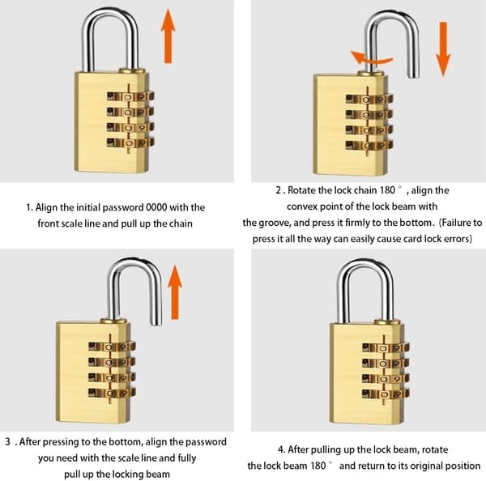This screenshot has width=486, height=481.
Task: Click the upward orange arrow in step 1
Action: (168, 36)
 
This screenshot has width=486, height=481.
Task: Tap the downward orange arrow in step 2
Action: (443, 49)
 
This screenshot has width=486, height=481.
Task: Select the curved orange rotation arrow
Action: (371, 58)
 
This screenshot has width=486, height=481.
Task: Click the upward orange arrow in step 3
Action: (175, 292)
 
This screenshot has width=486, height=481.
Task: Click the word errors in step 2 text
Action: (456, 239)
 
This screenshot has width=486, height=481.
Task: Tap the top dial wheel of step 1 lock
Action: (130, 96)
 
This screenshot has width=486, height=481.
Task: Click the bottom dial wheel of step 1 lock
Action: (130, 143)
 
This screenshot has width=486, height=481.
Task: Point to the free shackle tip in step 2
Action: (413, 74)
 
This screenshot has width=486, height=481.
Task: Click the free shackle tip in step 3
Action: (156, 322)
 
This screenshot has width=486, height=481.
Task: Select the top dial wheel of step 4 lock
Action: (386, 347)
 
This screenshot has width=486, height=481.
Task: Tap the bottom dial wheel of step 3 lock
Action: (112, 393)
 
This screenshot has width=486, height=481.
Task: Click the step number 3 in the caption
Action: (8, 441)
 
